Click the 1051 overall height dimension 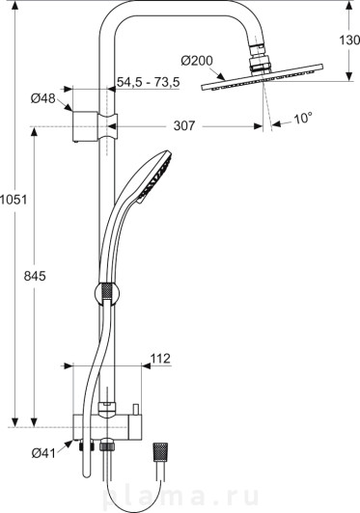[14, 200]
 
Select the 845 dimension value [35, 277]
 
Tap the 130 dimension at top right [349, 40]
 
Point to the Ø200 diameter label [197, 61]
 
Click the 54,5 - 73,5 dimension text [149, 82]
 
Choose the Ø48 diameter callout [43, 98]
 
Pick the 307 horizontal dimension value [184, 125]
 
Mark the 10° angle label [302, 118]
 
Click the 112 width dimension [160, 359]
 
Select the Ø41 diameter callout [43, 453]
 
